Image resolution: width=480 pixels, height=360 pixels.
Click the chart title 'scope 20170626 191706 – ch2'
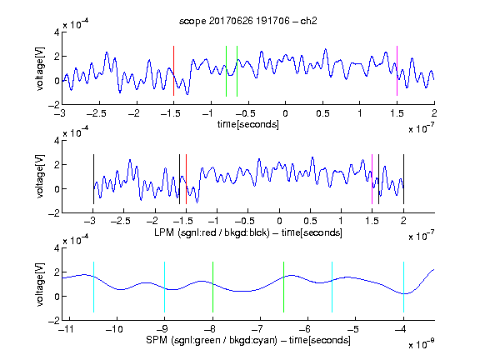[x=248, y=21]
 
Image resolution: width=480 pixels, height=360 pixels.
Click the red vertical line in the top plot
[x=173, y=71]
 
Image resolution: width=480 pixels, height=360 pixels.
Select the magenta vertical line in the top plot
[x=397, y=71]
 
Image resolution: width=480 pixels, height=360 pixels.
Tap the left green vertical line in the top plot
[x=226, y=71]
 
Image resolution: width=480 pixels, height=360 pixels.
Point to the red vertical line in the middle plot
[x=186, y=179]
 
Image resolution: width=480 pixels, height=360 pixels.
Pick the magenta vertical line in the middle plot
[x=372, y=179]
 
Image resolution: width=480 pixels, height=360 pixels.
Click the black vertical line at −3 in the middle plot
[x=93, y=179]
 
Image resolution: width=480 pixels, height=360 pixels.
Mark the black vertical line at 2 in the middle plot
[x=403, y=179]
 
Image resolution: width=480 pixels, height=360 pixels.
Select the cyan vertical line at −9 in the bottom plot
[x=165, y=287]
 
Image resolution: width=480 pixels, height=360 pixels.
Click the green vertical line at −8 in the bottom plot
[x=212, y=287]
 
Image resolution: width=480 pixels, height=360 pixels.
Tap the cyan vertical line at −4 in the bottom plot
[x=403, y=287]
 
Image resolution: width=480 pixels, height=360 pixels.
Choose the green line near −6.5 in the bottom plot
[x=284, y=287]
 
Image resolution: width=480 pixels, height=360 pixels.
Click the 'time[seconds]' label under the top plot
[x=248, y=124]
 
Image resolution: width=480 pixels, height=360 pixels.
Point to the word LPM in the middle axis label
[x=164, y=232]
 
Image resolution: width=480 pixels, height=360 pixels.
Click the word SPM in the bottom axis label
[x=157, y=340]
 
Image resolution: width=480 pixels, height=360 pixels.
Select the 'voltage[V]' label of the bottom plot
[x=40, y=284]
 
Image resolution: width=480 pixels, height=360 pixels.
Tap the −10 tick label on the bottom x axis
[x=114, y=329]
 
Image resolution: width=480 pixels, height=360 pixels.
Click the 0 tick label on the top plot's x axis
[x=285, y=113]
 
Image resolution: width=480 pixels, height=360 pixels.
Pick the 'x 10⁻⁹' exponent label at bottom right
[x=422, y=344]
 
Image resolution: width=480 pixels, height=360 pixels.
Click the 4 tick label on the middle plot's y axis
[x=57, y=141]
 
